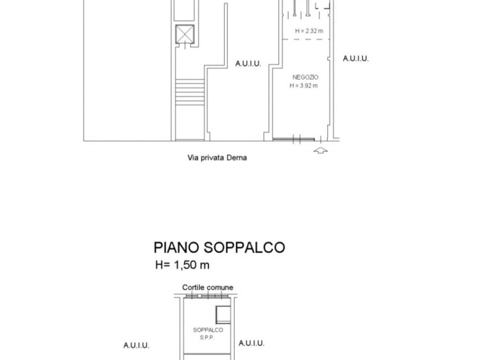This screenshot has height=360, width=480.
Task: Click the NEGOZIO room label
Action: click(305, 77)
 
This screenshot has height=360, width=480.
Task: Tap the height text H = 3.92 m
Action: click(303, 85)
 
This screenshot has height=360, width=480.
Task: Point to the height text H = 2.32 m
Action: click(309, 31)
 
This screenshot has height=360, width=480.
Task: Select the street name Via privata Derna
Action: click(217, 158)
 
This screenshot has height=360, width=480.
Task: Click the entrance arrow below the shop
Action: click(320, 150)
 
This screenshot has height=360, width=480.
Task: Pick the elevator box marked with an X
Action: click(184, 34)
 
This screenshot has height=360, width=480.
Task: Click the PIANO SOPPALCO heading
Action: click(219, 247)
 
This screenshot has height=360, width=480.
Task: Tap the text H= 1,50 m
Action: click(182, 265)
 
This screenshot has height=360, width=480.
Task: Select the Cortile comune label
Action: click(208, 287)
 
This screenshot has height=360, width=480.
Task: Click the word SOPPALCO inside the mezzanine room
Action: click(208, 330)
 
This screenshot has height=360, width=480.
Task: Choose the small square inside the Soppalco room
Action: click(223, 314)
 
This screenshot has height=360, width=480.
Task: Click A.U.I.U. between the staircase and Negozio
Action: click(248, 64)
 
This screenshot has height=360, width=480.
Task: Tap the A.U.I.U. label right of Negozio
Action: click(356, 59)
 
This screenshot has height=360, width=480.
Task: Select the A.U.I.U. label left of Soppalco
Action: click(136, 345)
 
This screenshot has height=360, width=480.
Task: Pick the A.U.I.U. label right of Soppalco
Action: click(251, 343)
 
